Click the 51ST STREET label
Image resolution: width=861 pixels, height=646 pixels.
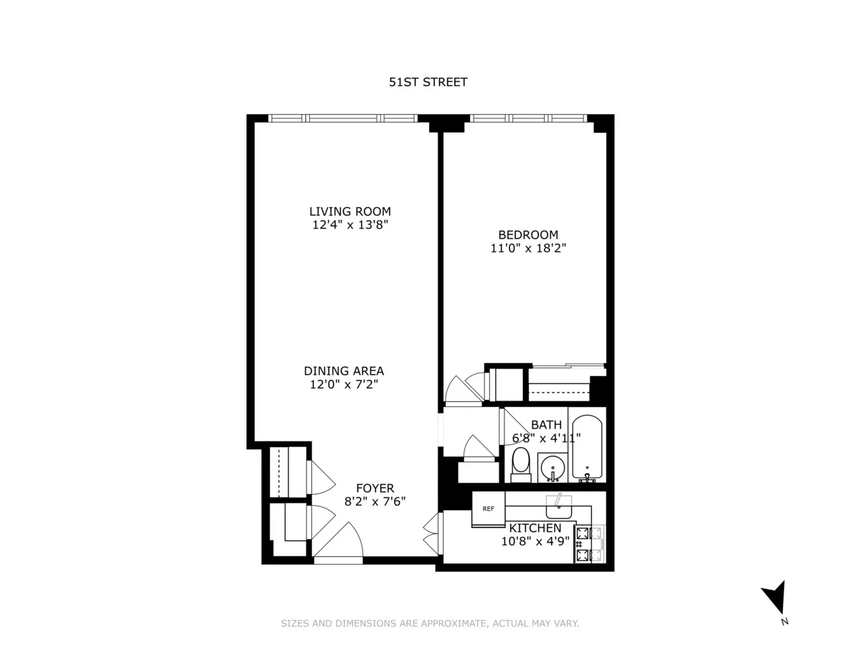428,82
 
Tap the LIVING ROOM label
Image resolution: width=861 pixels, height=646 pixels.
350,211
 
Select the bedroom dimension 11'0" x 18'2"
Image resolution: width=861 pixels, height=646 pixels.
528,248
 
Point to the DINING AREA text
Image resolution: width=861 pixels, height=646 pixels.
344,371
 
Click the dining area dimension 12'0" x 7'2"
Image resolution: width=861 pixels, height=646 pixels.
344,385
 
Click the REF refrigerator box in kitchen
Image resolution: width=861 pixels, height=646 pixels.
488,509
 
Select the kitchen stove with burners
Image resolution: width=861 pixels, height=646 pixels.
583,544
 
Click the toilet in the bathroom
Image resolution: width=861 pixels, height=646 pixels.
520,464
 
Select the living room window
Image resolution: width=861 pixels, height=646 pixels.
342,118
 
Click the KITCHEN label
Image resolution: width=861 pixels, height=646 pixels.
535,528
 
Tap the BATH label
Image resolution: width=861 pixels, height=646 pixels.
546,425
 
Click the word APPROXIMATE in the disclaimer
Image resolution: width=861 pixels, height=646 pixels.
446,623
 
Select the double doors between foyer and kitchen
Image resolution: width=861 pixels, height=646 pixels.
431,533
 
